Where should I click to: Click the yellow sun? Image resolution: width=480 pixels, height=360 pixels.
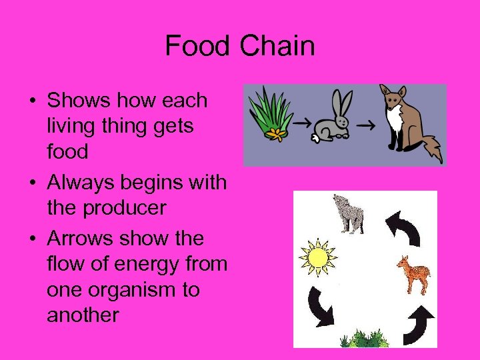(317, 257)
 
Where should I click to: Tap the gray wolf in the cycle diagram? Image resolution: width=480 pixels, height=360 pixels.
(349, 214)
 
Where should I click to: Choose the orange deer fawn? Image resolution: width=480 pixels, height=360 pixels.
(414, 273)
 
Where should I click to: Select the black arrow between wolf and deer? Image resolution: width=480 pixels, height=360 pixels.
(403, 227)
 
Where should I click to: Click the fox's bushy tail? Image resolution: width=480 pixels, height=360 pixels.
(432, 147)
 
